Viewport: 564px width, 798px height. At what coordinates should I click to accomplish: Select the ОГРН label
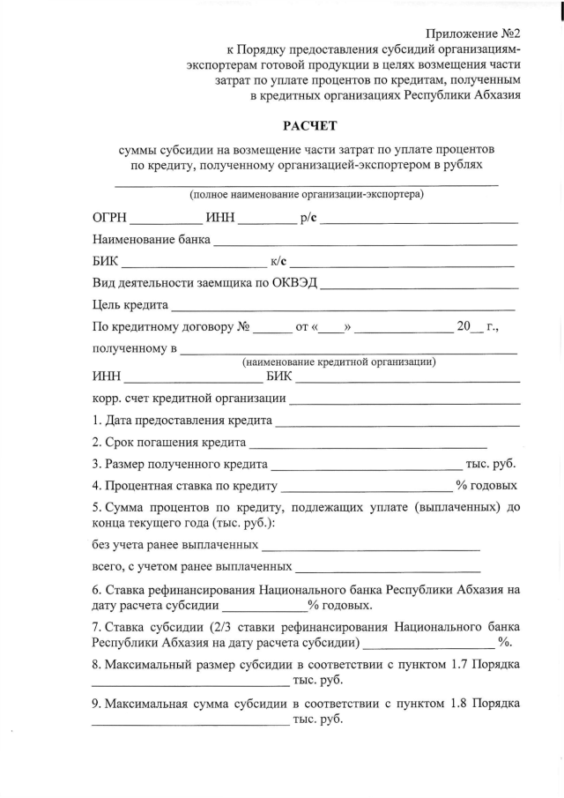click(112, 218)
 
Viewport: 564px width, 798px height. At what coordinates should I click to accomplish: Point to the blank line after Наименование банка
click(364, 242)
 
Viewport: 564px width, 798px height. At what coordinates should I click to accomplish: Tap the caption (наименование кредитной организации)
click(338, 362)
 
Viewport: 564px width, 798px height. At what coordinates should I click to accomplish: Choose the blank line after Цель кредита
click(343, 309)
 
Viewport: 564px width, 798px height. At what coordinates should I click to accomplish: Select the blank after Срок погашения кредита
click(368, 444)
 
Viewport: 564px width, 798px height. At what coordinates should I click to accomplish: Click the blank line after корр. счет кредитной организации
click(404, 400)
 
